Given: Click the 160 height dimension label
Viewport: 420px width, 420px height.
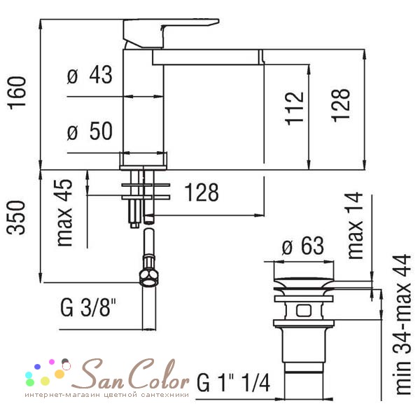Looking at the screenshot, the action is [17, 92].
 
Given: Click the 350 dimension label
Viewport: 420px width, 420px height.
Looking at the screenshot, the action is [16, 218].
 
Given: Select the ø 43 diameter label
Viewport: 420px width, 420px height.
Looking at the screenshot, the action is [90, 75].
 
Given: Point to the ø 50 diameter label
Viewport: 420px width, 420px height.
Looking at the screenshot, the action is [90, 131].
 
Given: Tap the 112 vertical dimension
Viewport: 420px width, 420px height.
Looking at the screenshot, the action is [295, 108].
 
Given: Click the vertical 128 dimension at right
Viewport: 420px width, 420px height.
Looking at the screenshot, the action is [341, 105].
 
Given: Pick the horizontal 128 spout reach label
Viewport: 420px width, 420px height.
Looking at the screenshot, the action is [202, 192].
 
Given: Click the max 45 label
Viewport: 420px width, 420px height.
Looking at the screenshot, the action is [64, 213].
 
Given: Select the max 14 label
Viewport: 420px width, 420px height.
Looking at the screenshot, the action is [355, 225].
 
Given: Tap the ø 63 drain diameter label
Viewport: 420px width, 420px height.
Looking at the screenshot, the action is [303, 246].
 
